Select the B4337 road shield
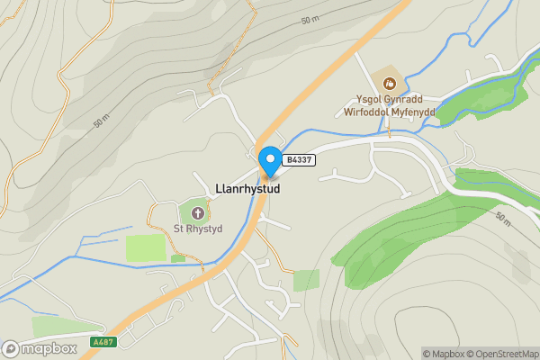point(298,160)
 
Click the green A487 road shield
point(103,342)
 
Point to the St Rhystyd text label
point(197,228)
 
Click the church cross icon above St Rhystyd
point(197,213)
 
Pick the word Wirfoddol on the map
point(364,112)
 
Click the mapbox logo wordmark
point(48,346)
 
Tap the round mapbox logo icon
point(11,347)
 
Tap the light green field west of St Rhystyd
point(145,247)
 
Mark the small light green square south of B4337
point(306,280)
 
